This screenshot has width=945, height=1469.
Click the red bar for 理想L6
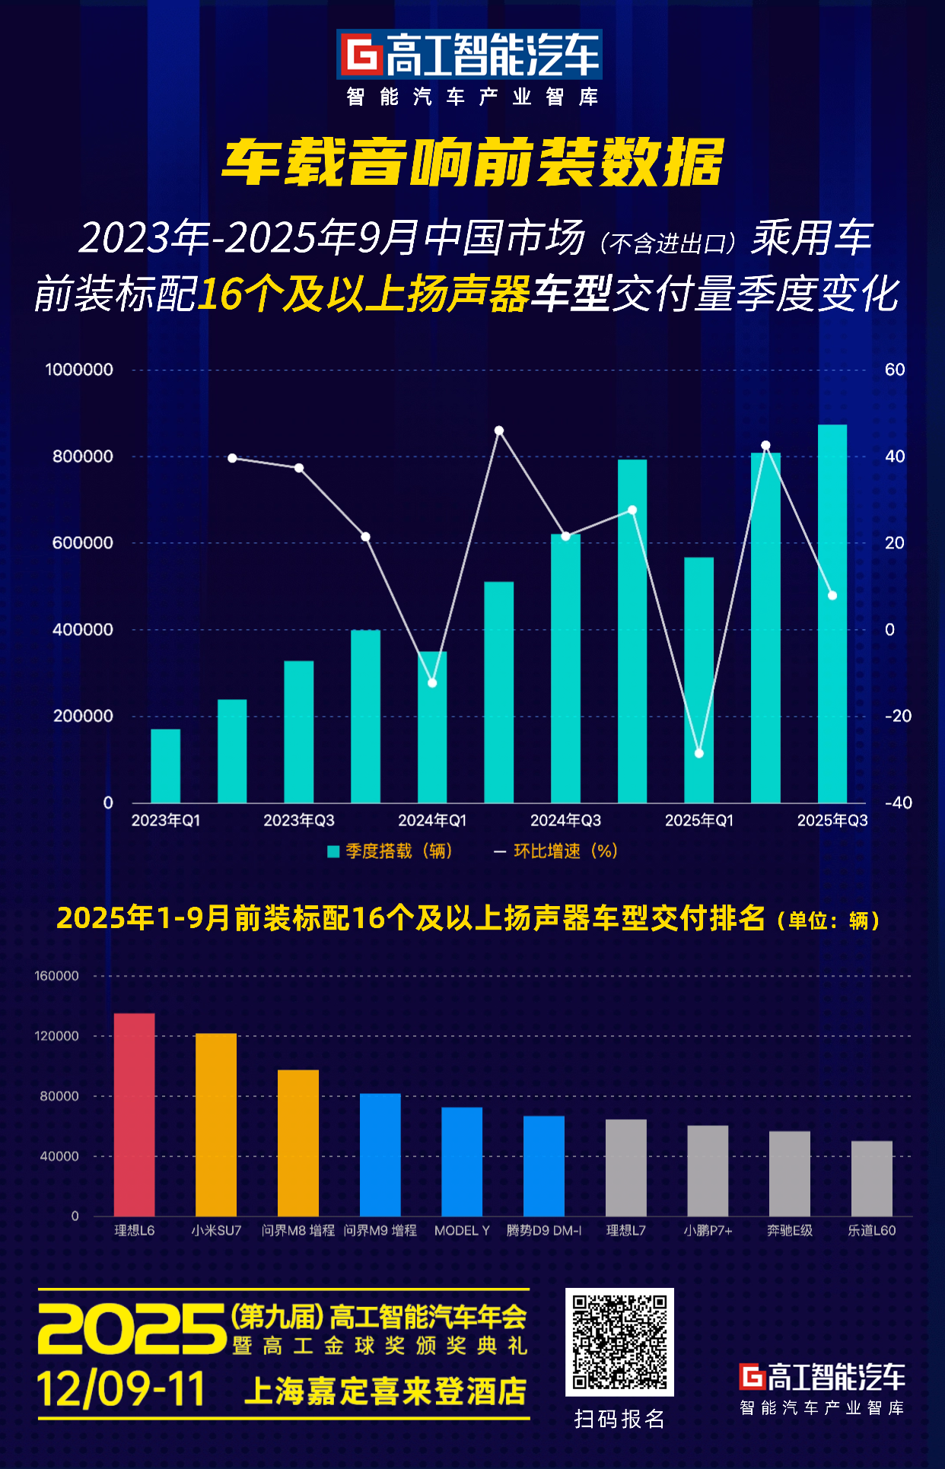(134, 1114)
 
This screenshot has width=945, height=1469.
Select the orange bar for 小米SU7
(216, 1124)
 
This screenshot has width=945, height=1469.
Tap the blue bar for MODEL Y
(462, 1162)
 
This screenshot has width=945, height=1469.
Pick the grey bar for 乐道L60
(871, 1178)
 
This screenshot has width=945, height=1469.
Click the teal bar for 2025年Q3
(832, 613)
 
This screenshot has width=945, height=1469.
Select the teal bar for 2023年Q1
(165, 765)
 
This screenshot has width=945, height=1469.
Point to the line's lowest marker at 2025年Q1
(699, 753)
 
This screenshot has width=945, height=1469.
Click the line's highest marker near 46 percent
(499, 431)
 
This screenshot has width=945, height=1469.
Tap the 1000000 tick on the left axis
(79, 370)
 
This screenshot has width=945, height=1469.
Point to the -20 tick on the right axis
(898, 716)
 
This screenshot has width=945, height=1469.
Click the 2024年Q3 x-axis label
(565, 820)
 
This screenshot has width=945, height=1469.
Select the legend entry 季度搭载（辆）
(390, 851)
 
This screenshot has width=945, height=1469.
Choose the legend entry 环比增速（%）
(556, 851)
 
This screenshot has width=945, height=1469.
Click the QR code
(619, 1342)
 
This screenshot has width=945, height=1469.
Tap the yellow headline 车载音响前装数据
(473, 162)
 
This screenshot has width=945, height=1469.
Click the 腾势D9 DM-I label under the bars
(544, 1231)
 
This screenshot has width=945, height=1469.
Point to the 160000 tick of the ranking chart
(57, 976)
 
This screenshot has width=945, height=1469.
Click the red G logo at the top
(360, 55)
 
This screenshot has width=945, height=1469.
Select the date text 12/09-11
(121, 1390)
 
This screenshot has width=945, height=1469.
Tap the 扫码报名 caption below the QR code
(619, 1419)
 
